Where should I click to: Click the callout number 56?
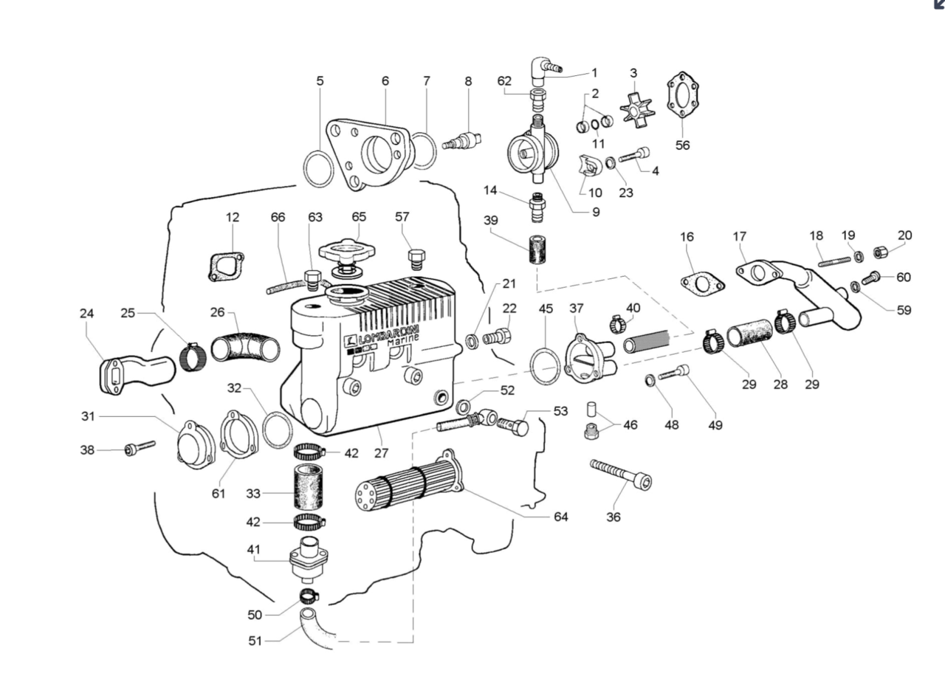[x=682, y=145]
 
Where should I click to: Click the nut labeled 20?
[x=879, y=253]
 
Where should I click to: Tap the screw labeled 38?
[x=140, y=448]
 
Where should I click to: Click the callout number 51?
[x=255, y=641]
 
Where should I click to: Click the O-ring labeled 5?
[x=320, y=170]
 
